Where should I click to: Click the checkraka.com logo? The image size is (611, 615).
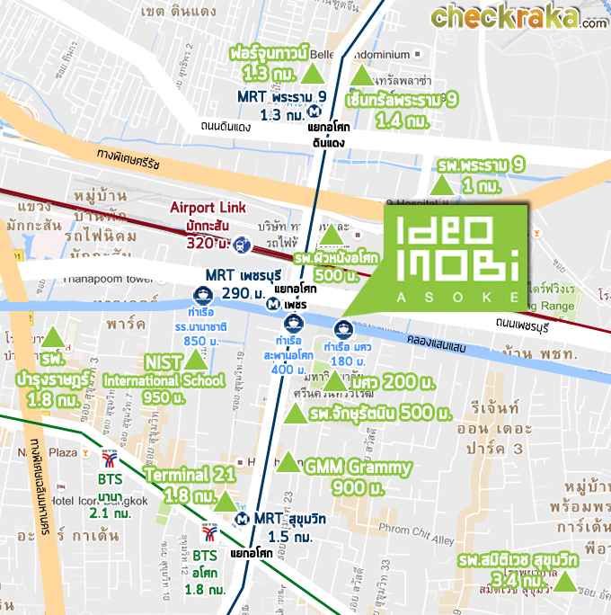point(518,17)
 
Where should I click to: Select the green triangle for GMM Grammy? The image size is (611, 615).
point(288,463)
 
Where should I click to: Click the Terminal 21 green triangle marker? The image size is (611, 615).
point(224,501)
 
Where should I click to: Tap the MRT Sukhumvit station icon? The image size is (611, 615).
point(242,519)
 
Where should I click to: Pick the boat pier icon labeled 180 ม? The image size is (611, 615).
point(342,327)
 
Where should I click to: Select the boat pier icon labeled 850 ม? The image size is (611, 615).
point(203,295)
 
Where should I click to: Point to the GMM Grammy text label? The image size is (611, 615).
point(358,468)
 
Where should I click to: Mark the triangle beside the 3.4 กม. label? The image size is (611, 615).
point(566,582)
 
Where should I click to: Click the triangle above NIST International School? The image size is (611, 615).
point(194,361)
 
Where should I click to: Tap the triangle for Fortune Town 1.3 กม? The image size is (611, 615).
point(314,74)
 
